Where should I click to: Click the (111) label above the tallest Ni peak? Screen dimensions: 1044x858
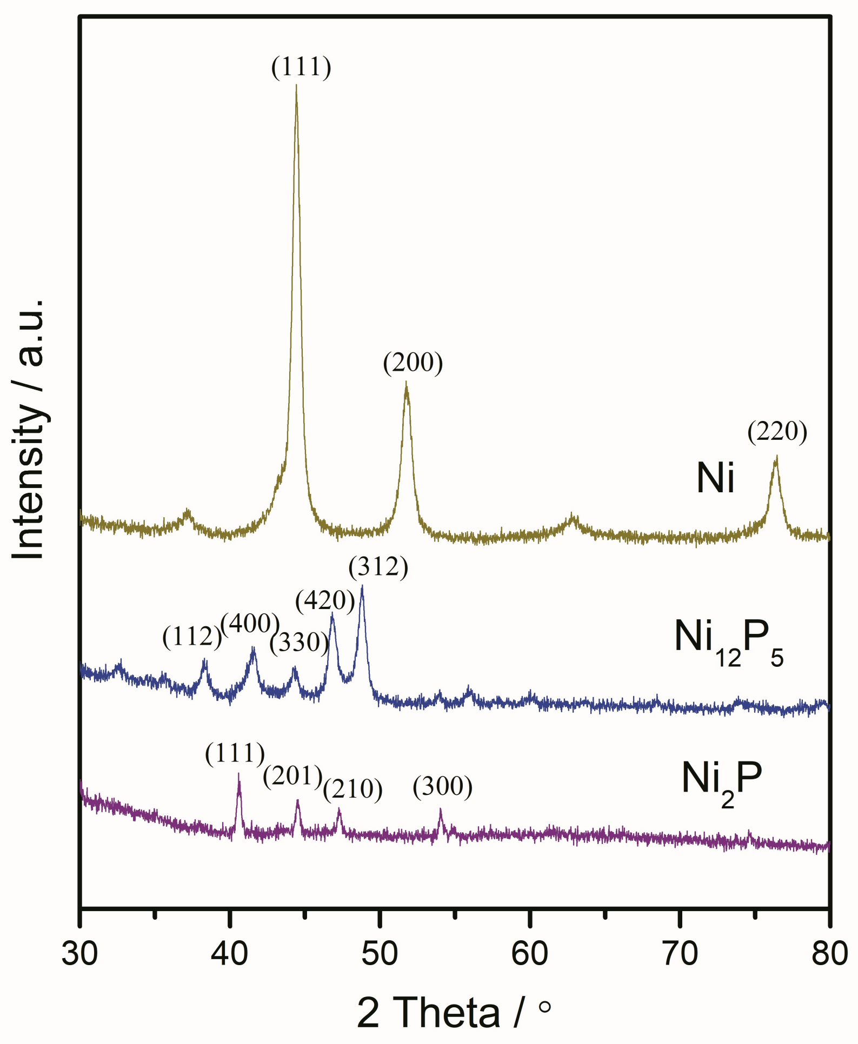click(x=301, y=68)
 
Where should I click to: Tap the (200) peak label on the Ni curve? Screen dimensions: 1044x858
click(x=413, y=363)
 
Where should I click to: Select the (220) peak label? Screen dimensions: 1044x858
click(x=777, y=432)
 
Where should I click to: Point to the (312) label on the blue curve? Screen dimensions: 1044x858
click(x=378, y=567)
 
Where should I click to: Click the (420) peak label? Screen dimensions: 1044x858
click(x=325, y=600)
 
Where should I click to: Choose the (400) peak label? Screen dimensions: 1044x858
click(x=250, y=624)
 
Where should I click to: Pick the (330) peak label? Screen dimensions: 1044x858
click(x=299, y=643)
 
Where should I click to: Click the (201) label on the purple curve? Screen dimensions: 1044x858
click(x=292, y=777)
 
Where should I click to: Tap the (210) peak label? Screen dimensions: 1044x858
click(x=352, y=789)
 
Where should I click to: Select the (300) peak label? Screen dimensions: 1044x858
click(x=442, y=787)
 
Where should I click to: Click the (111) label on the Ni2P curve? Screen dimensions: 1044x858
click(x=235, y=753)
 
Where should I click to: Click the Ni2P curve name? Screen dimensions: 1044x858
click(x=721, y=781)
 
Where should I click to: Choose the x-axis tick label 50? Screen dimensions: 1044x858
click(x=380, y=954)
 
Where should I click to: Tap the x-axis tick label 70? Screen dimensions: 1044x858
click(x=680, y=954)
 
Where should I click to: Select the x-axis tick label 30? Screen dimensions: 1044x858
click(x=80, y=954)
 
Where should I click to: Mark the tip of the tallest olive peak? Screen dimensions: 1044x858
click(x=296, y=85)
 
